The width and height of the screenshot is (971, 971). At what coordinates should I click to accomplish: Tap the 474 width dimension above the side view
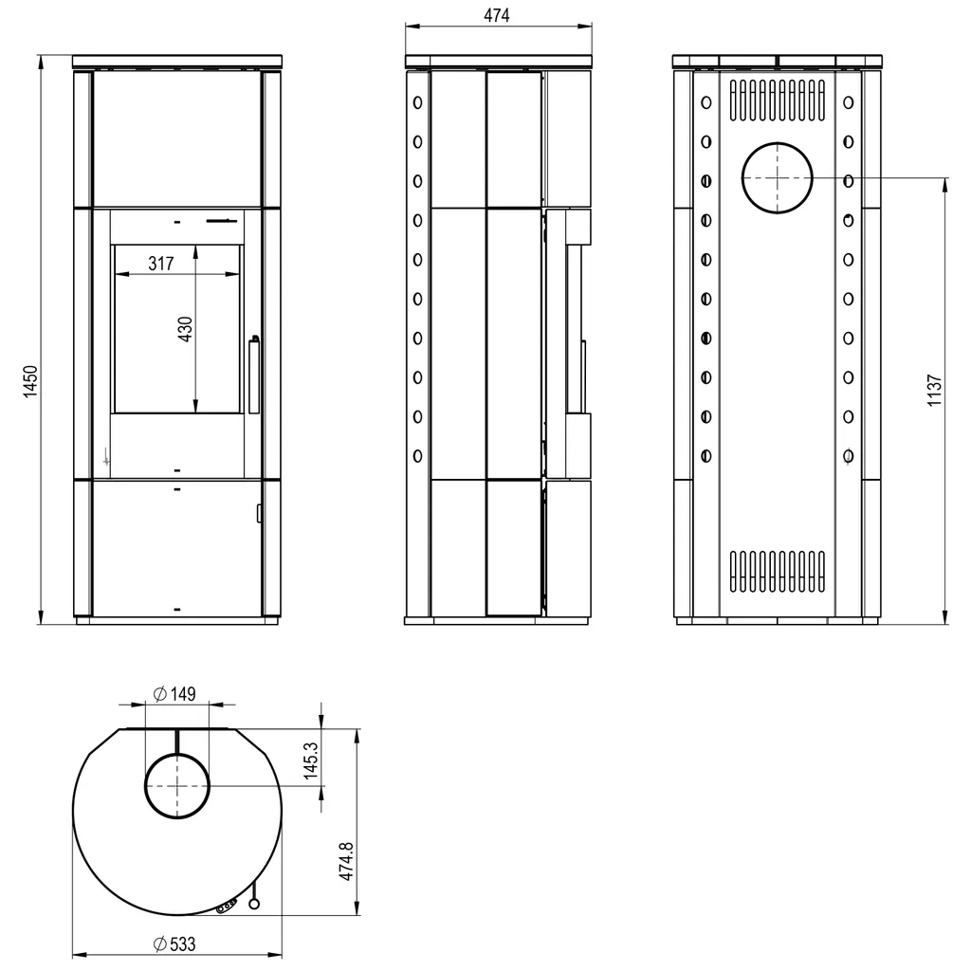click(x=497, y=15)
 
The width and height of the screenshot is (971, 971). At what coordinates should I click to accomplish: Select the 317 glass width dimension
click(x=161, y=264)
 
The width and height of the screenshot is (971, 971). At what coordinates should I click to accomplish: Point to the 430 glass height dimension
click(x=185, y=329)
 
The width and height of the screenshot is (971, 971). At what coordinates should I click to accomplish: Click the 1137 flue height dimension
click(x=934, y=390)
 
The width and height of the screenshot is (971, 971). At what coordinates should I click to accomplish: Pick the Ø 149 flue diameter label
click(x=175, y=694)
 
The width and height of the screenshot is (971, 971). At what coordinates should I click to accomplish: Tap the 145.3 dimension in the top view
click(x=311, y=760)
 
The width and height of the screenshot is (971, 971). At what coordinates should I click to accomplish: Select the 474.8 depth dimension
click(x=346, y=861)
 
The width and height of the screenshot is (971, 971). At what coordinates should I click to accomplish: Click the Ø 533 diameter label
click(x=174, y=944)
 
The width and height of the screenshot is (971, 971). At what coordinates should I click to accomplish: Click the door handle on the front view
click(x=254, y=375)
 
